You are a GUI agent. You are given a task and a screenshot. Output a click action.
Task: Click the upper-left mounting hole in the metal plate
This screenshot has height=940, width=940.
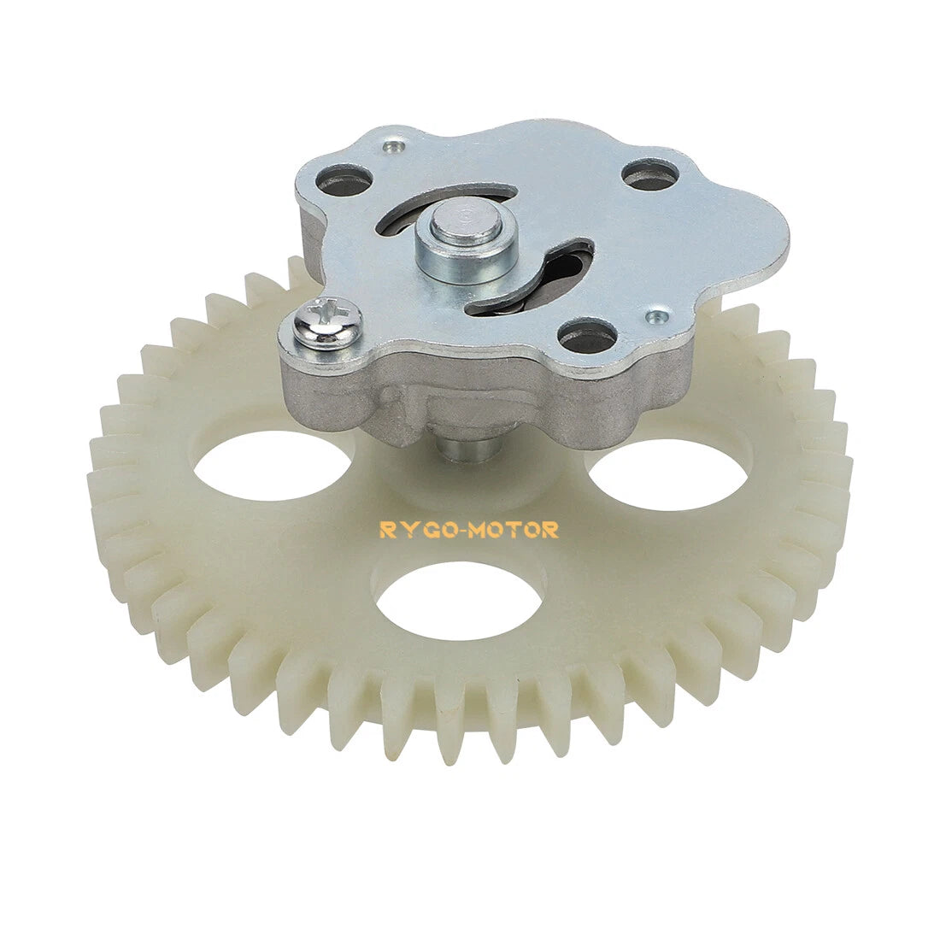tap(344, 181)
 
